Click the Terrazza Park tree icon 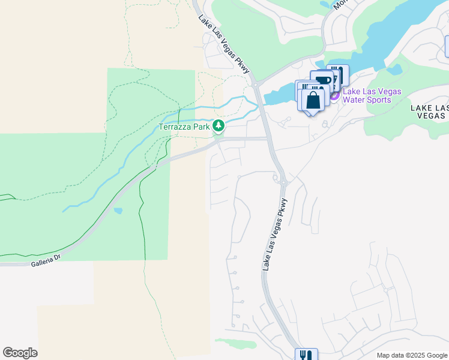point(219,126)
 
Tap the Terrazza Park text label point(184,127)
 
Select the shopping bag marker point(313,100)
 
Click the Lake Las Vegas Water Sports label point(372,95)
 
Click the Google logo point(20,353)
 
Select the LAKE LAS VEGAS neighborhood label point(429,112)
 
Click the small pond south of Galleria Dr point(118,211)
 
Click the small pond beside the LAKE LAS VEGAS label point(395,70)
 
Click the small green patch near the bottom point(235,343)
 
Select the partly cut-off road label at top point(340,4)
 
